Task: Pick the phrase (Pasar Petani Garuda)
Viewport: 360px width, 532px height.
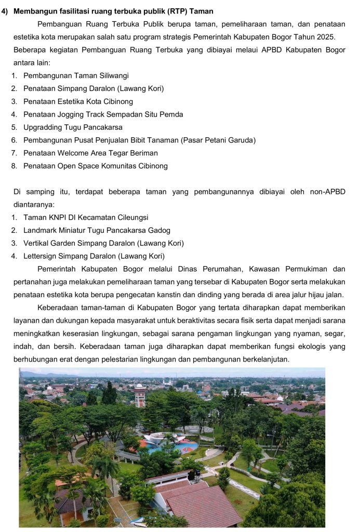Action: [x=218, y=140]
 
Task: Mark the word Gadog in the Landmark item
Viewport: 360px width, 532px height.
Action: [x=159, y=230]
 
